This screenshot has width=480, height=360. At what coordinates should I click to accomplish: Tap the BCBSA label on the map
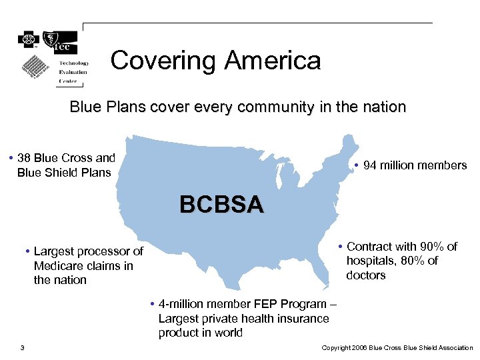(221, 204)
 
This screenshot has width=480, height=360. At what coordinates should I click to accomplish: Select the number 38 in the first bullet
(24, 158)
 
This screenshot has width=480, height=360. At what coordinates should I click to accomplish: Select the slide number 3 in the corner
(22, 348)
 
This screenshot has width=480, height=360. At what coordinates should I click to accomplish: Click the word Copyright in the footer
(337, 348)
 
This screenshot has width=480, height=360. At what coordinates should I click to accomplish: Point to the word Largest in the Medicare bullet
(54, 251)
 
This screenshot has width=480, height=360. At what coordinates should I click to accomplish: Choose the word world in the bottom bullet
(229, 333)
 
